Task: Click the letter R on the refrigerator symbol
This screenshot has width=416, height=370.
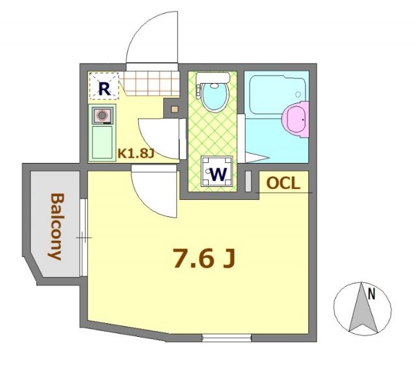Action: (x=103, y=85)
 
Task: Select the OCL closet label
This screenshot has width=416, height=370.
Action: (x=283, y=184)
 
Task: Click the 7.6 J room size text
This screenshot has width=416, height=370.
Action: (x=202, y=258)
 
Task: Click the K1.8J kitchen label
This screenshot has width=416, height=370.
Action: (x=135, y=155)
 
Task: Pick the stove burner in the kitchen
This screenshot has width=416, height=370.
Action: (x=102, y=116)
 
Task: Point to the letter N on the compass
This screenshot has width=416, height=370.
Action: (x=371, y=294)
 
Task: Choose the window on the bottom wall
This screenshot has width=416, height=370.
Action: (x=226, y=338)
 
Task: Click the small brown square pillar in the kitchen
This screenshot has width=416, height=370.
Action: (x=174, y=108)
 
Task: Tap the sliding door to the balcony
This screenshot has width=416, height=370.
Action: (x=83, y=237)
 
